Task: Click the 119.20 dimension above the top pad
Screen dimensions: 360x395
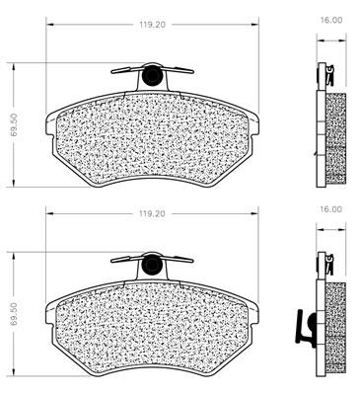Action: [152, 25]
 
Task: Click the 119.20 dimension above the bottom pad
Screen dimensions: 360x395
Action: [152, 213]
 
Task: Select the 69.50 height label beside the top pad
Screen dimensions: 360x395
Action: [14, 125]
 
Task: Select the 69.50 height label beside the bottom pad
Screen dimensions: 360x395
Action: [14, 314]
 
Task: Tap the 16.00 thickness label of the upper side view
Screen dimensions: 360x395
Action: [330, 20]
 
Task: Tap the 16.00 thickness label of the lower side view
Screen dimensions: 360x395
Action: [330, 209]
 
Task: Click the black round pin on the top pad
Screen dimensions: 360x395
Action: [152, 75]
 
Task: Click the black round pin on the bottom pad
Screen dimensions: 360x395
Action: [152, 265]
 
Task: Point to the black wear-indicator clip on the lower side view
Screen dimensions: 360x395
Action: [305, 328]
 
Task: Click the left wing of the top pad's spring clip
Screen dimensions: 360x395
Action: [126, 70]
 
